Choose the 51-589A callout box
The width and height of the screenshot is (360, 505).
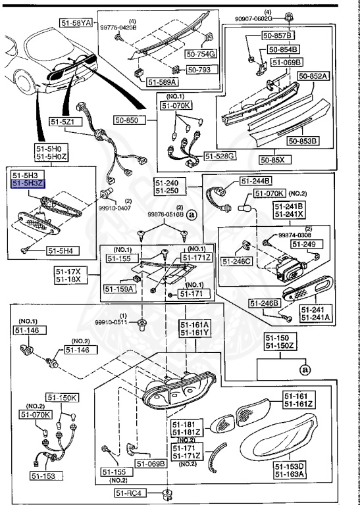click(x=161, y=83)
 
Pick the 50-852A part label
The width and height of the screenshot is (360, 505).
click(x=313, y=76)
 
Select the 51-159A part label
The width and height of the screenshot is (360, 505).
click(x=118, y=288)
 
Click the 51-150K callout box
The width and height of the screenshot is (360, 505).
click(x=63, y=398)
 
